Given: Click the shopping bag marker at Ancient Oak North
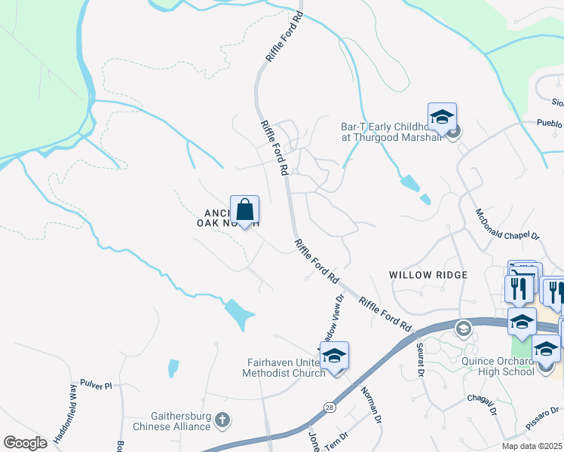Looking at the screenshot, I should click(244, 210).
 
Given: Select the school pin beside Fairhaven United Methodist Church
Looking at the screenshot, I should click(335, 356).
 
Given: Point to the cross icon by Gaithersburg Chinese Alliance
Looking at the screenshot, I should click(222, 419).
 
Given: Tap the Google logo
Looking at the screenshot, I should click(26, 442).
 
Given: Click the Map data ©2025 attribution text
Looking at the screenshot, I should click(531, 446).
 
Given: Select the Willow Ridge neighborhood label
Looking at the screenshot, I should click(428, 275).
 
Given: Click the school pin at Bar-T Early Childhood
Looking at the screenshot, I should click(442, 118).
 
